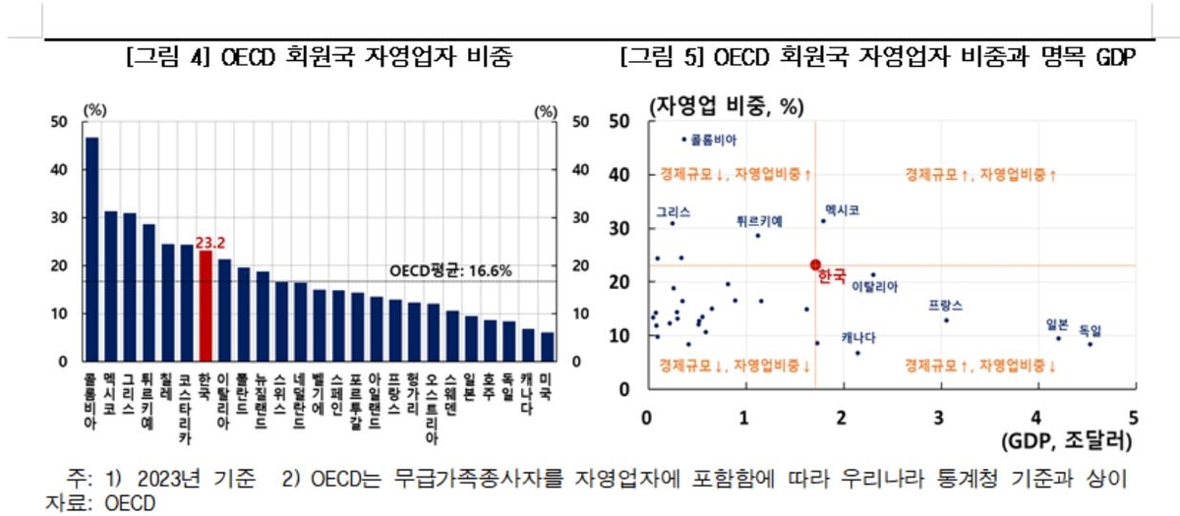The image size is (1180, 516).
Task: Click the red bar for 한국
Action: click(x=206, y=307)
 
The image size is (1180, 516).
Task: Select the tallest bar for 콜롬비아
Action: click(x=91, y=250)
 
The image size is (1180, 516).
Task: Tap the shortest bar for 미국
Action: click(x=547, y=347)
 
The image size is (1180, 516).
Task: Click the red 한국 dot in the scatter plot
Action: click(x=815, y=264)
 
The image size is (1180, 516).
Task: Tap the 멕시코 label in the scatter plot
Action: click(x=843, y=210)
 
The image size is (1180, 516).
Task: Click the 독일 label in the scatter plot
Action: click(x=1091, y=328)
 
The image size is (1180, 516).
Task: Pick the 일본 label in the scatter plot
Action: click(x=1058, y=323)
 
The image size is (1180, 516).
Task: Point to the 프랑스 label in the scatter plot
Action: click(x=945, y=306)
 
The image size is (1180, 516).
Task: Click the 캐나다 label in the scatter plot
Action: click(x=858, y=338)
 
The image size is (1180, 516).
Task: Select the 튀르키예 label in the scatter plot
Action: click(x=759, y=221)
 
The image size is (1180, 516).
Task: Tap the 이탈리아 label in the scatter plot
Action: click(x=874, y=286)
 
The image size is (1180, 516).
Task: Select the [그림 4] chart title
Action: click(x=318, y=57)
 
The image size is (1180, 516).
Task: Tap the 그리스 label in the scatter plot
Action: click(x=674, y=211)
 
